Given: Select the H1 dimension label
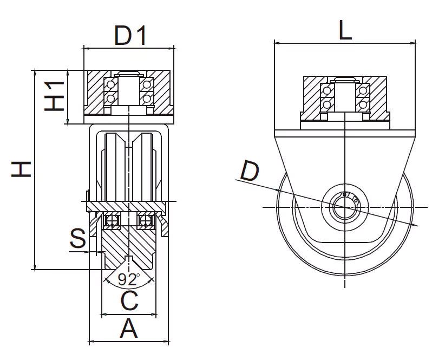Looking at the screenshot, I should click(x=54, y=96).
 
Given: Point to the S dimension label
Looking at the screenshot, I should click(x=78, y=239).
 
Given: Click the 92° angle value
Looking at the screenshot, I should click(x=129, y=280).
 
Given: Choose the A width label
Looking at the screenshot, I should click(x=128, y=329).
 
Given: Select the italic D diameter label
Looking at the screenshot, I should click(x=250, y=172).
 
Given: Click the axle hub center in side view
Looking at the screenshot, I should click(x=344, y=207).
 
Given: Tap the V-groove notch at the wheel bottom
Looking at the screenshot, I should click(x=129, y=259).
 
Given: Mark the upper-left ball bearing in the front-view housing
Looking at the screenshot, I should click(x=112, y=85).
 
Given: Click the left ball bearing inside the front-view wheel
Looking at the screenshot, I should click(x=113, y=221).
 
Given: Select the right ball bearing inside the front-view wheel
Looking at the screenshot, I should click(x=145, y=221).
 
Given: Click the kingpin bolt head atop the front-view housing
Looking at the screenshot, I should click(x=129, y=74).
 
